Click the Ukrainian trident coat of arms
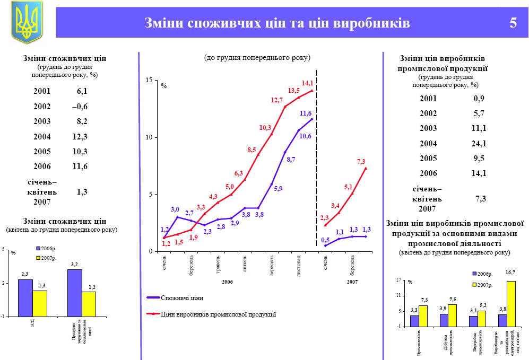27,22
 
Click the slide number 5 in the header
513,23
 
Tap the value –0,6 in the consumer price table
80,107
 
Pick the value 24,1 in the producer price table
479,143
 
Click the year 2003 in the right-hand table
428,128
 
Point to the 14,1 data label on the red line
307,83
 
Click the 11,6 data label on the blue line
306,113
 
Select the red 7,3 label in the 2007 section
361,162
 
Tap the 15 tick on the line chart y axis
149,80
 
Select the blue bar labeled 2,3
25,297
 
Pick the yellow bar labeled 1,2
89,304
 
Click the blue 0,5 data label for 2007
325,240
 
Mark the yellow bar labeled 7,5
452,315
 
